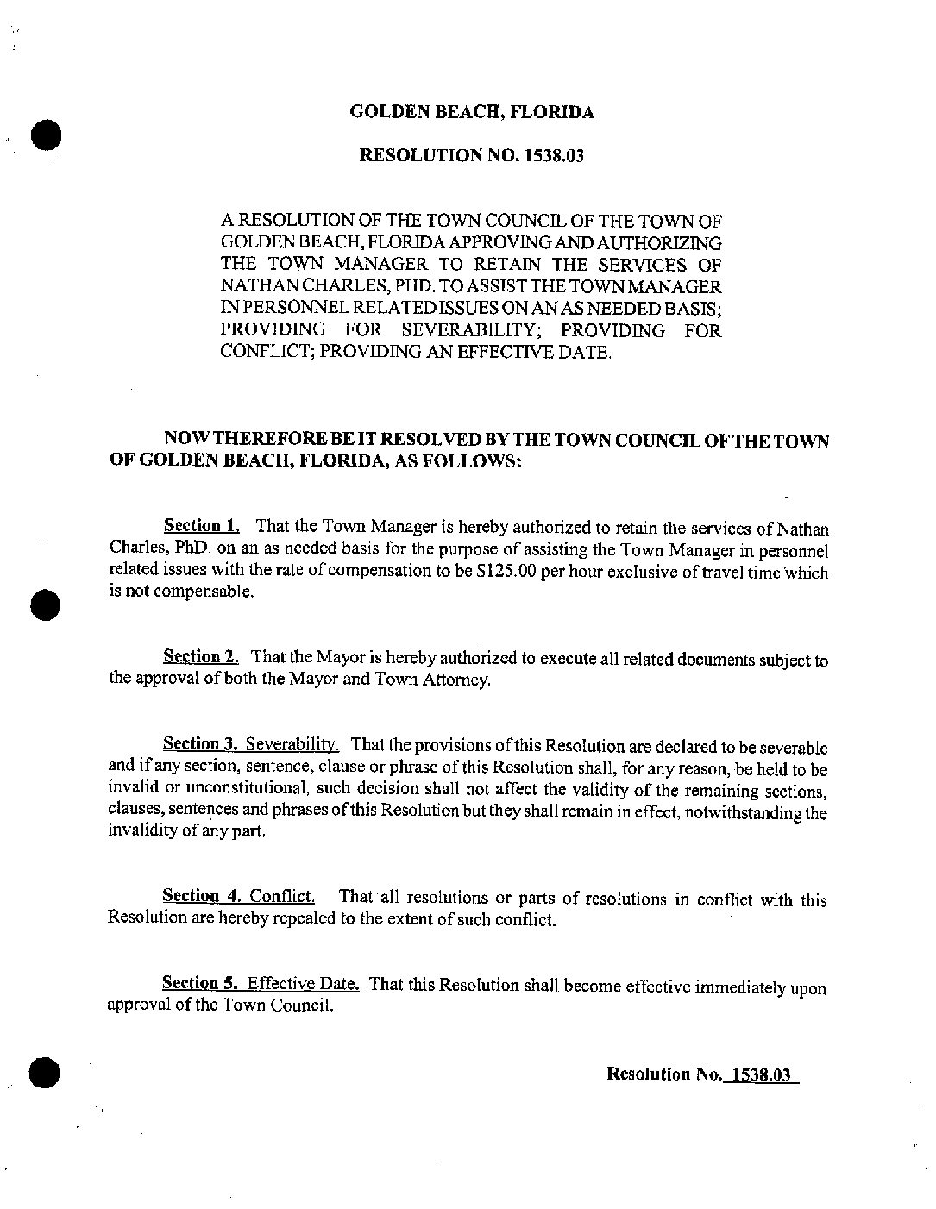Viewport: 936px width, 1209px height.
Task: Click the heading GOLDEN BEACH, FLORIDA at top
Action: [x=471, y=112]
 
